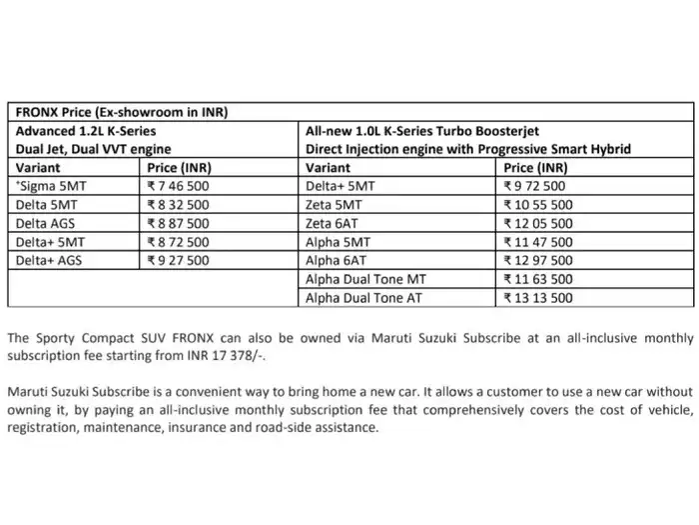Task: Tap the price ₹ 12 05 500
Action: click(539, 223)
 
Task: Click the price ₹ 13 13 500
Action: click(539, 298)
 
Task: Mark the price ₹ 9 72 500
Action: click(536, 186)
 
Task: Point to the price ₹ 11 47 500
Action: click(539, 242)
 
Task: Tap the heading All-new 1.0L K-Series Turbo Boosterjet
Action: click(440, 130)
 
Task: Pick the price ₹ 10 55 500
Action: click(539, 205)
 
